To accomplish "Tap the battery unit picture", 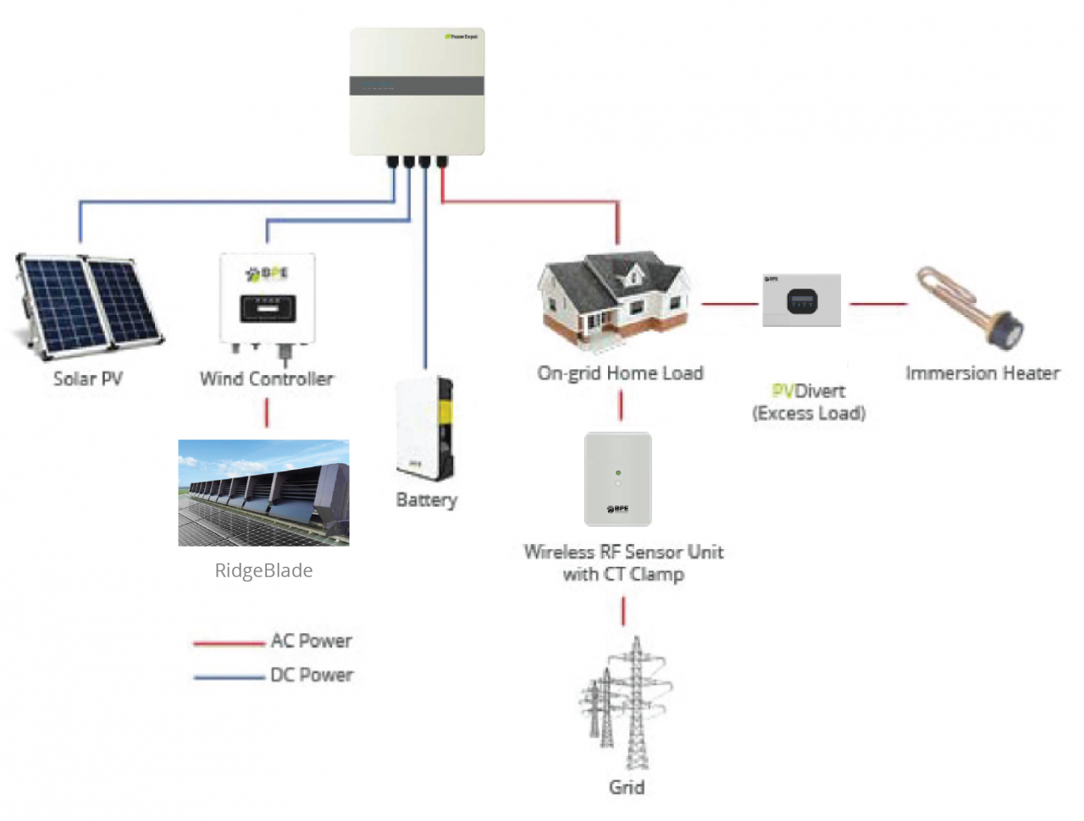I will coord(425,428).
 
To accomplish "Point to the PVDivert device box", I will coord(801,300).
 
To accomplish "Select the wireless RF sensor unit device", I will coord(618,479).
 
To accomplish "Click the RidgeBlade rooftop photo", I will coord(263,493).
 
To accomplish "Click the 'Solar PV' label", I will coord(88,378).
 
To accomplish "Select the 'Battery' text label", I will coord(426,500).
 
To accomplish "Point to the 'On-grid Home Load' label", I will coord(620,373).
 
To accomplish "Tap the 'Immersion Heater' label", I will coord(982,373).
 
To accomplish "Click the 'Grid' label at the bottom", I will coord(627,787).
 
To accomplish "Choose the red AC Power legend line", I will coord(229,643).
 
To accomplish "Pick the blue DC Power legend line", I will coord(229,677).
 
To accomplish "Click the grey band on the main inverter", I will coord(417,85).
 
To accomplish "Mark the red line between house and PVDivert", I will coord(729,303).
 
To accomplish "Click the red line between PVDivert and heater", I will coord(877,303).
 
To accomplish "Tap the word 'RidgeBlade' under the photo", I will coord(263,570).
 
